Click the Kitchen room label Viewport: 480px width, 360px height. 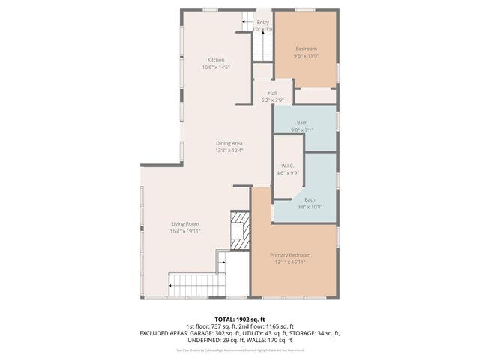tap(215, 60)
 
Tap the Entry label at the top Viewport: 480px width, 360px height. tap(262, 22)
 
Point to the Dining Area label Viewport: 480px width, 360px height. tap(229, 143)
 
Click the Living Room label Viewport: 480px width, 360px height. tap(184, 224)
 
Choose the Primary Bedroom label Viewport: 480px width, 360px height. tap(290, 255)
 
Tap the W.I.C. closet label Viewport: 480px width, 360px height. tap(287, 166)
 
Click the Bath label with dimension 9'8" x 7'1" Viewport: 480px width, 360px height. tap(302, 122)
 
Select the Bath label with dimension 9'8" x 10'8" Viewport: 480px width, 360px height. tap(309, 199)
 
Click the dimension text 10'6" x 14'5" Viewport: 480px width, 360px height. tap(215, 67)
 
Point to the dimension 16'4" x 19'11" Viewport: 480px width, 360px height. tap(184, 232)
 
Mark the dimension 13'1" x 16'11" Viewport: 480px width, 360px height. tap(290, 262)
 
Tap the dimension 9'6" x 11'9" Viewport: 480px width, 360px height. tap(306, 56)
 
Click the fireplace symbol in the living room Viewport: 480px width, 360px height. tap(238, 229)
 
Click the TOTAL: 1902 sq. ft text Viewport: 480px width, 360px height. tap(240, 319)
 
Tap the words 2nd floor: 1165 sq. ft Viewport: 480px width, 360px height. tap(277, 325)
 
